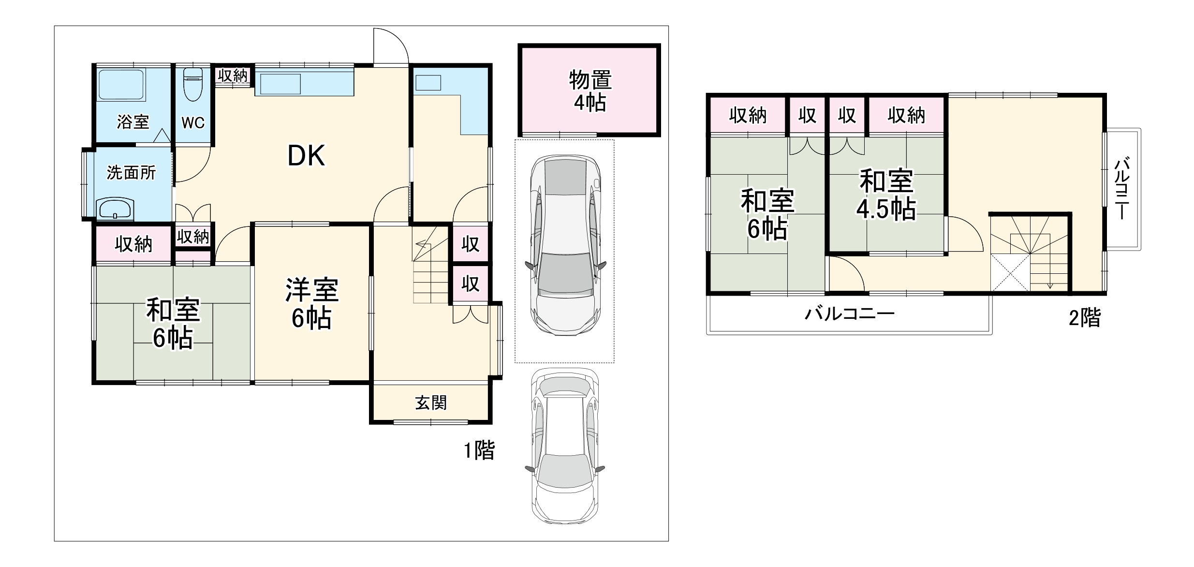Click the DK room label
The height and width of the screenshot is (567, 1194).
pos(306,156)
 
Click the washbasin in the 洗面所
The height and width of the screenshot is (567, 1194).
pos(116,209)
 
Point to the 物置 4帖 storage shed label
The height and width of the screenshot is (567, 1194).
pos(590,91)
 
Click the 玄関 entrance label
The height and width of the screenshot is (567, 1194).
pos(430,403)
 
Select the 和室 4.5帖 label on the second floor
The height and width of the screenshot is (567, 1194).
pos(886,194)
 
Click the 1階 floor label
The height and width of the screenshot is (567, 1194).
pos(479,451)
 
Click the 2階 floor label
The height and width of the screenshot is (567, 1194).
pos(1084,318)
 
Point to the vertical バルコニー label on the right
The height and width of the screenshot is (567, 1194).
pos(1122,189)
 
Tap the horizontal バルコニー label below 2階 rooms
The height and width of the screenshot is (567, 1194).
pos(849,314)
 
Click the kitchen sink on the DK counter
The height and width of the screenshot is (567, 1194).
pos(280,85)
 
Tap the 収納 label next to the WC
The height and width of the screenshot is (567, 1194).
pos(232,75)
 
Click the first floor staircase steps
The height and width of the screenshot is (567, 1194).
pos(430,281)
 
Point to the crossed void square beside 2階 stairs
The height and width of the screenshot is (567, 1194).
pos(1010,272)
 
